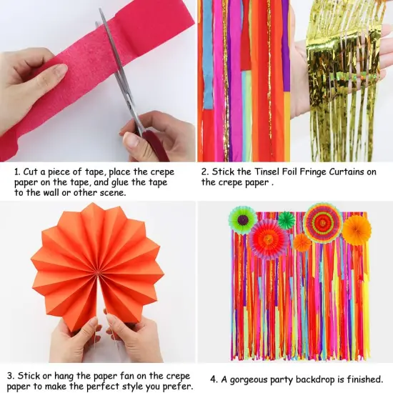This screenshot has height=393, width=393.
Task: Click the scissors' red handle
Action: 154,143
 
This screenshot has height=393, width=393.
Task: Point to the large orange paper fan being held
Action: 99,264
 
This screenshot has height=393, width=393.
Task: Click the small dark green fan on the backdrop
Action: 286,221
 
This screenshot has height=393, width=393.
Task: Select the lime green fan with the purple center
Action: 242,219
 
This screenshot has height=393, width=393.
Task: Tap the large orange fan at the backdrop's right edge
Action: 356,230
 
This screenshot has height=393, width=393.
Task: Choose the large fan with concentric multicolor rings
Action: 322,222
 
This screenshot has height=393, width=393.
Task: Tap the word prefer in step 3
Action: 175,387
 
